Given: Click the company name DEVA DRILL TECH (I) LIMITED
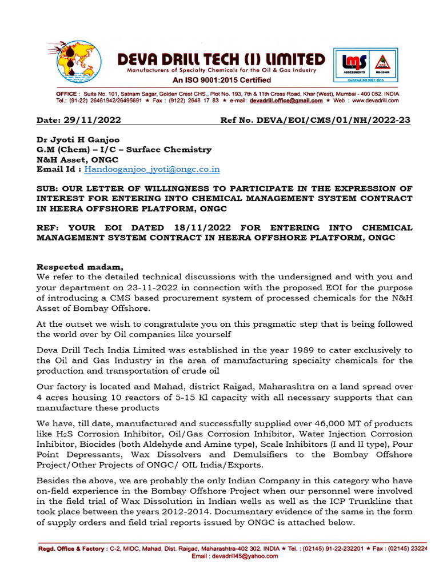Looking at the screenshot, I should point(221,59).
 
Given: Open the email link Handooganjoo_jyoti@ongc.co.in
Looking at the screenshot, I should point(152,169).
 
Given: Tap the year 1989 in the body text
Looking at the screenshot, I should point(297,350).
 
